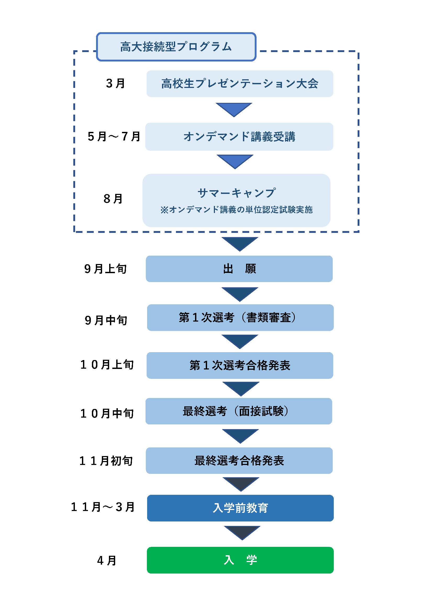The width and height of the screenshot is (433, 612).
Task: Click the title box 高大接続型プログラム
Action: click(176, 47)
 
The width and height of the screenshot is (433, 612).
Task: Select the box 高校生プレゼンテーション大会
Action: click(240, 84)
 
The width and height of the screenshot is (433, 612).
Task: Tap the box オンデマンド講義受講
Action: click(239, 137)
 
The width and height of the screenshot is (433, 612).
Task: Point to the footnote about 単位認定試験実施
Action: click(236, 210)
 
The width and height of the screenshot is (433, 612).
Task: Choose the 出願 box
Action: click(239, 269)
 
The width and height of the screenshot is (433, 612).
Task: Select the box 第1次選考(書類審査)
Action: click(240, 317)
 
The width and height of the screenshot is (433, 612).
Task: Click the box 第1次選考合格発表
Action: click(240, 365)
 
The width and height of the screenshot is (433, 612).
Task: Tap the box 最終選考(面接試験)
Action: click(239, 411)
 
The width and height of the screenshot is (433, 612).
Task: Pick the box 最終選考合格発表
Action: click(239, 460)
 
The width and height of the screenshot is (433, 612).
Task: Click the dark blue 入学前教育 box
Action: click(240, 508)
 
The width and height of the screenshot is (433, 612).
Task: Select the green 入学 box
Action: click(240, 560)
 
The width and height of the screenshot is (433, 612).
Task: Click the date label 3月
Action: click(115, 83)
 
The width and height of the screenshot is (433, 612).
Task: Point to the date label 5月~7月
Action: click(114, 137)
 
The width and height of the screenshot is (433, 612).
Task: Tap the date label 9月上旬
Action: click(105, 269)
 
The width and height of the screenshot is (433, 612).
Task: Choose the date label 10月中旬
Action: click(107, 413)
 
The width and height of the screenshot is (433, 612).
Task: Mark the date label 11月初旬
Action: click(106, 461)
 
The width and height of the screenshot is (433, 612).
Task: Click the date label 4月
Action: click(107, 560)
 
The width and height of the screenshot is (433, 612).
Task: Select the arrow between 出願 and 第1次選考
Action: click(240, 294)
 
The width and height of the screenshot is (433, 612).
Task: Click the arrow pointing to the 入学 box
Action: click(242, 532)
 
